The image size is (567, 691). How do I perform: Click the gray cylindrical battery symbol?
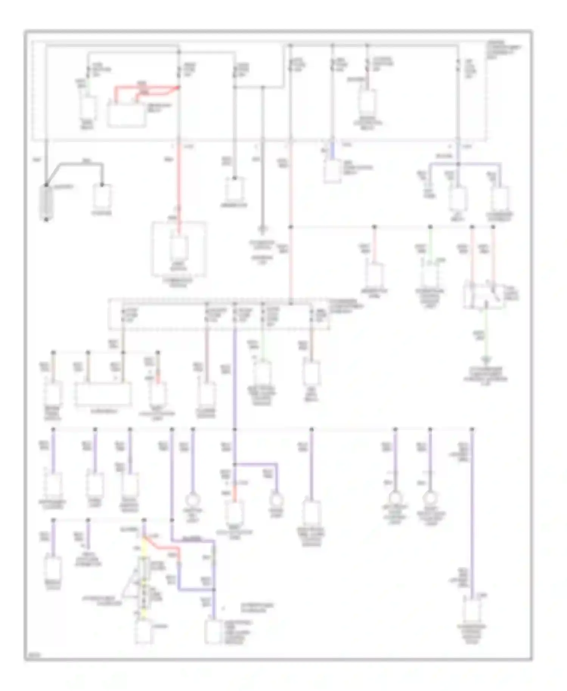(x=46, y=202)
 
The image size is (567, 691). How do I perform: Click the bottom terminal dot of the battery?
(x=46, y=219)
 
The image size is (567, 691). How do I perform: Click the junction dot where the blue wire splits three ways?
(x=458, y=164)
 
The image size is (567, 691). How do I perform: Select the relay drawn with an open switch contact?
(x=484, y=295)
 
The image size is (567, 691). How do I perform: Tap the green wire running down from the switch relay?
(x=486, y=333)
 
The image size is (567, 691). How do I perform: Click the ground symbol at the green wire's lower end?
(x=486, y=360)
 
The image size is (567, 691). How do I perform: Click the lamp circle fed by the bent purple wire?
(x=276, y=500)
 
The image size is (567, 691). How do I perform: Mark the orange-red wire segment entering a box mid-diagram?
(x=234, y=495)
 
